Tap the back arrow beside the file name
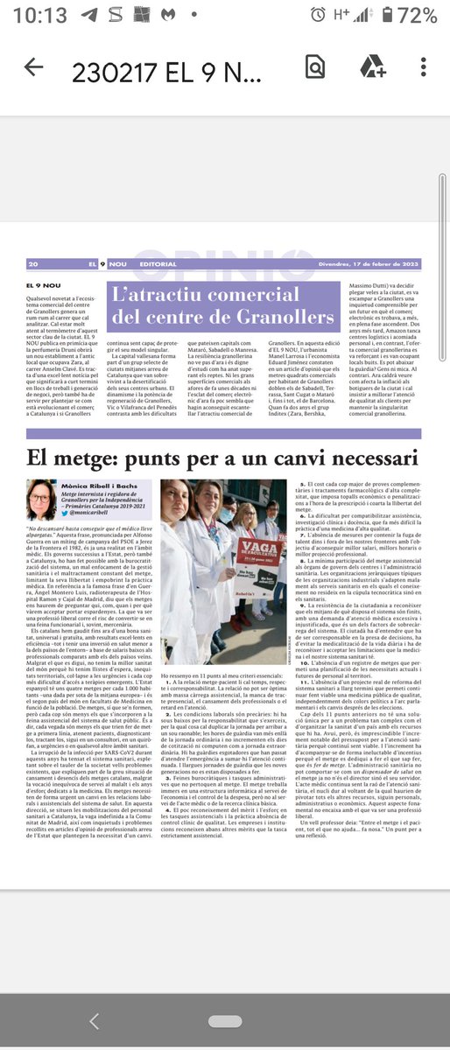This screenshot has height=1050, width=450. (x=34, y=67)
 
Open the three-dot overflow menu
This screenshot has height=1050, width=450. (x=423, y=67)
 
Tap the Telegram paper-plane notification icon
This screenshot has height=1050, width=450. (x=88, y=16)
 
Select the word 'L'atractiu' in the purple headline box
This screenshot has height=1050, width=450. (x=162, y=292)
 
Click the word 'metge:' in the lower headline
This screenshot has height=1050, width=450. (x=101, y=458)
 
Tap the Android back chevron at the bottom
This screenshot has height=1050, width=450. (x=95, y=1020)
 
